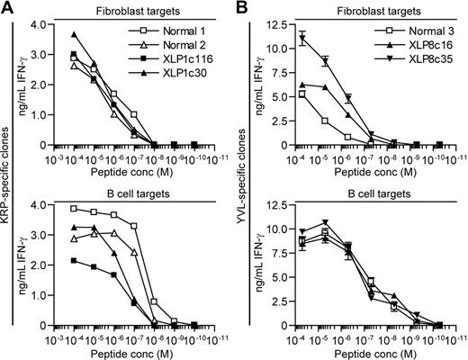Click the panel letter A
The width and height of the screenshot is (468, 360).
coord(8,8)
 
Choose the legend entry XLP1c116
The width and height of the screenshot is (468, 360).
coord(189,69)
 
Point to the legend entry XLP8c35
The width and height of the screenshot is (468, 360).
coord(421,69)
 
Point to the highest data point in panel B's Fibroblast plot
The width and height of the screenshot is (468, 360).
coord(303,37)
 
